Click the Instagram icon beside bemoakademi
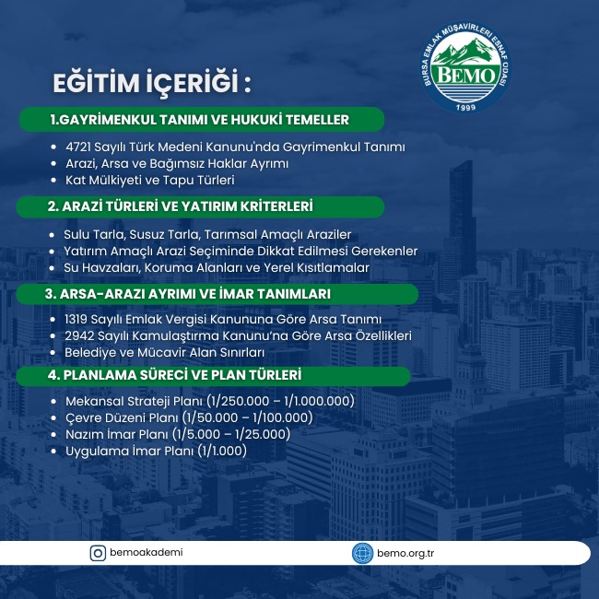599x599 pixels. click(x=98, y=553)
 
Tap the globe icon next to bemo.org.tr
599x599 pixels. click(x=362, y=553)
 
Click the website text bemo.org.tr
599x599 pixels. click(x=405, y=554)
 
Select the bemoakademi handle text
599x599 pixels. click(x=146, y=552)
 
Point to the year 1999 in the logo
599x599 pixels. click(x=465, y=107)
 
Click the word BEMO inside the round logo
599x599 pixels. click(x=465, y=76)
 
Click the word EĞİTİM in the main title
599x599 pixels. click(x=96, y=83)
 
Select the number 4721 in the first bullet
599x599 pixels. click(x=78, y=147)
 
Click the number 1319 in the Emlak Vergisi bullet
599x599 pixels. click(x=76, y=319)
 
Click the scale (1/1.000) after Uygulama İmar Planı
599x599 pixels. click(x=222, y=451)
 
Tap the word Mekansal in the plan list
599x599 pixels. click(x=94, y=401)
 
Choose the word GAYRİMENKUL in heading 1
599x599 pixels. click(x=107, y=120)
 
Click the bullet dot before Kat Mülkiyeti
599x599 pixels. click(x=53, y=181)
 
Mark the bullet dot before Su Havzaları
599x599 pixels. click(x=52, y=268)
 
